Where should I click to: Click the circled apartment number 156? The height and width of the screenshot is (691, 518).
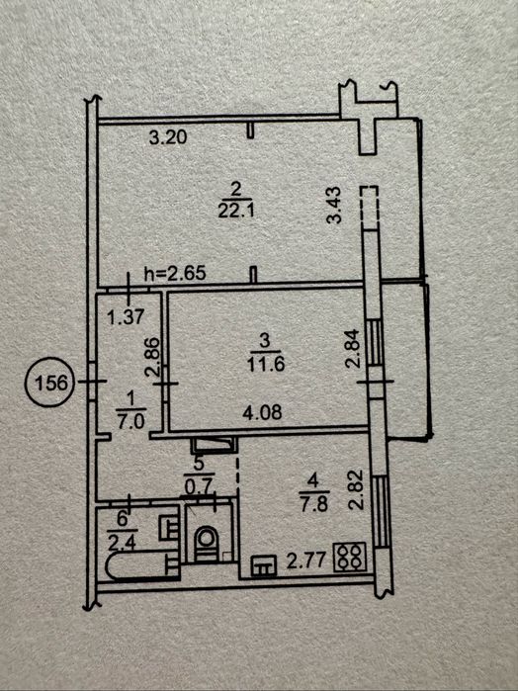[x=48, y=383]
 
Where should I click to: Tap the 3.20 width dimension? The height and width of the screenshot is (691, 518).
[x=168, y=138]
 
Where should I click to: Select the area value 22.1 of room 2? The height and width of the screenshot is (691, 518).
[x=236, y=212]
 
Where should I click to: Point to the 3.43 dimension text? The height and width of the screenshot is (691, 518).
[x=335, y=206]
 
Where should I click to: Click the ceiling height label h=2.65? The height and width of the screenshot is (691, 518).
[x=175, y=274]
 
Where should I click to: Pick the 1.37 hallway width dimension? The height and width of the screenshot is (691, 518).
[x=127, y=316]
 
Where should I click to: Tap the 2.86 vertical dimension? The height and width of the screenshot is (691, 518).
[x=152, y=357]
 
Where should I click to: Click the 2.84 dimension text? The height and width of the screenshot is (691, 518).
[x=354, y=350]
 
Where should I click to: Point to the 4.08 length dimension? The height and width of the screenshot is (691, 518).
[x=263, y=413]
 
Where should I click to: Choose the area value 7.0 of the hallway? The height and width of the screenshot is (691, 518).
[x=130, y=422]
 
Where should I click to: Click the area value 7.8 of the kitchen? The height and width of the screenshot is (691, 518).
[x=314, y=504]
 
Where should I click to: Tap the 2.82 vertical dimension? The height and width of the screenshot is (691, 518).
[x=356, y=490]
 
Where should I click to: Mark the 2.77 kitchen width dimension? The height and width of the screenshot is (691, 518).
[x=305, y=561]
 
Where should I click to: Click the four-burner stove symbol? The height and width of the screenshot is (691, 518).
[x=350, y=557]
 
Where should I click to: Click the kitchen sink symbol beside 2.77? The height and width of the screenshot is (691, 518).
[x=264, y=565]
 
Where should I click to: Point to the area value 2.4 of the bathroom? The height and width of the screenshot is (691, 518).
[x=122, y=545]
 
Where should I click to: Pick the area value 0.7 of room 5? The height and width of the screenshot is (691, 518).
[x=200, y=487]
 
